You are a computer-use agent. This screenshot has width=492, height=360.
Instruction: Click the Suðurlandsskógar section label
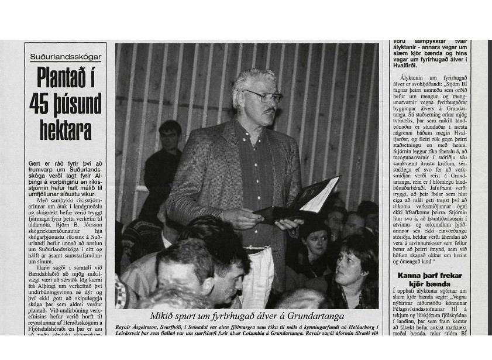click(x=66, y=57)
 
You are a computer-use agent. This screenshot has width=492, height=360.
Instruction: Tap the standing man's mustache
click(x=270, y=109)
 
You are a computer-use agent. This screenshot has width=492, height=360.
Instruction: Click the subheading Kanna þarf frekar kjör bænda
click(x=429, y=279)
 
